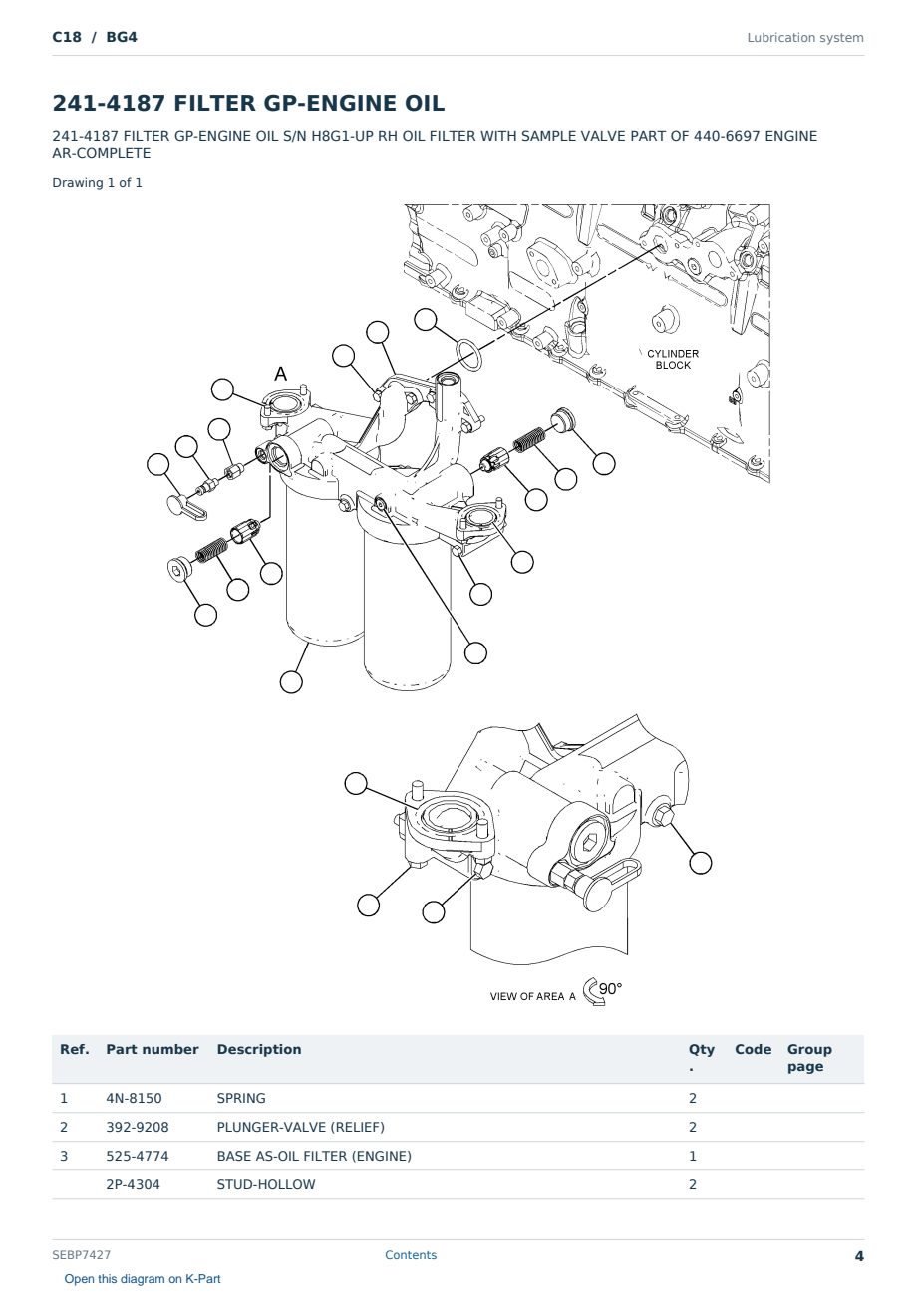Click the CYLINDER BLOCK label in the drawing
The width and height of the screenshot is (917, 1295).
tap(672, 359)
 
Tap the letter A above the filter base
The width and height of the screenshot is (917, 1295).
tap(281, 374)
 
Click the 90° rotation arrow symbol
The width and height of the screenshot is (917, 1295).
tap(593, 991)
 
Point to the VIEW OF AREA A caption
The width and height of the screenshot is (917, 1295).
tap(532, 997)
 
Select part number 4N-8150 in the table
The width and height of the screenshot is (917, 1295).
tap(134, 1098)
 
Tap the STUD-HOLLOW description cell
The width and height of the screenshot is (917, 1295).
tap(266, 1184)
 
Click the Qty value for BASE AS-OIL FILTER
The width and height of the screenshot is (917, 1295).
tap(693, 1156)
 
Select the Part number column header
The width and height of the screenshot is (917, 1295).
tap(153, 1049)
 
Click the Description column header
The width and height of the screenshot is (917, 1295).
tap(259, 1049)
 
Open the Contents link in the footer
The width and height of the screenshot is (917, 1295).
tap(411, 1255)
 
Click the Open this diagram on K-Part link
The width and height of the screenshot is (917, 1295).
tap(143, 1279)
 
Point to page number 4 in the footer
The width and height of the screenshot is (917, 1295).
tap(859, 1256)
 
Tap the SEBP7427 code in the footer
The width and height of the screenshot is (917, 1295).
tap(81, 1255)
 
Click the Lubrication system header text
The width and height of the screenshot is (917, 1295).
tap(805, 38)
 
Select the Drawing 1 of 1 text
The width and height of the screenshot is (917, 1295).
tap(98, 183)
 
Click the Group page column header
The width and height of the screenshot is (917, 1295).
tap(809, 1058)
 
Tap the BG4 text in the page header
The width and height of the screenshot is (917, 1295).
tap(122, 37)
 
